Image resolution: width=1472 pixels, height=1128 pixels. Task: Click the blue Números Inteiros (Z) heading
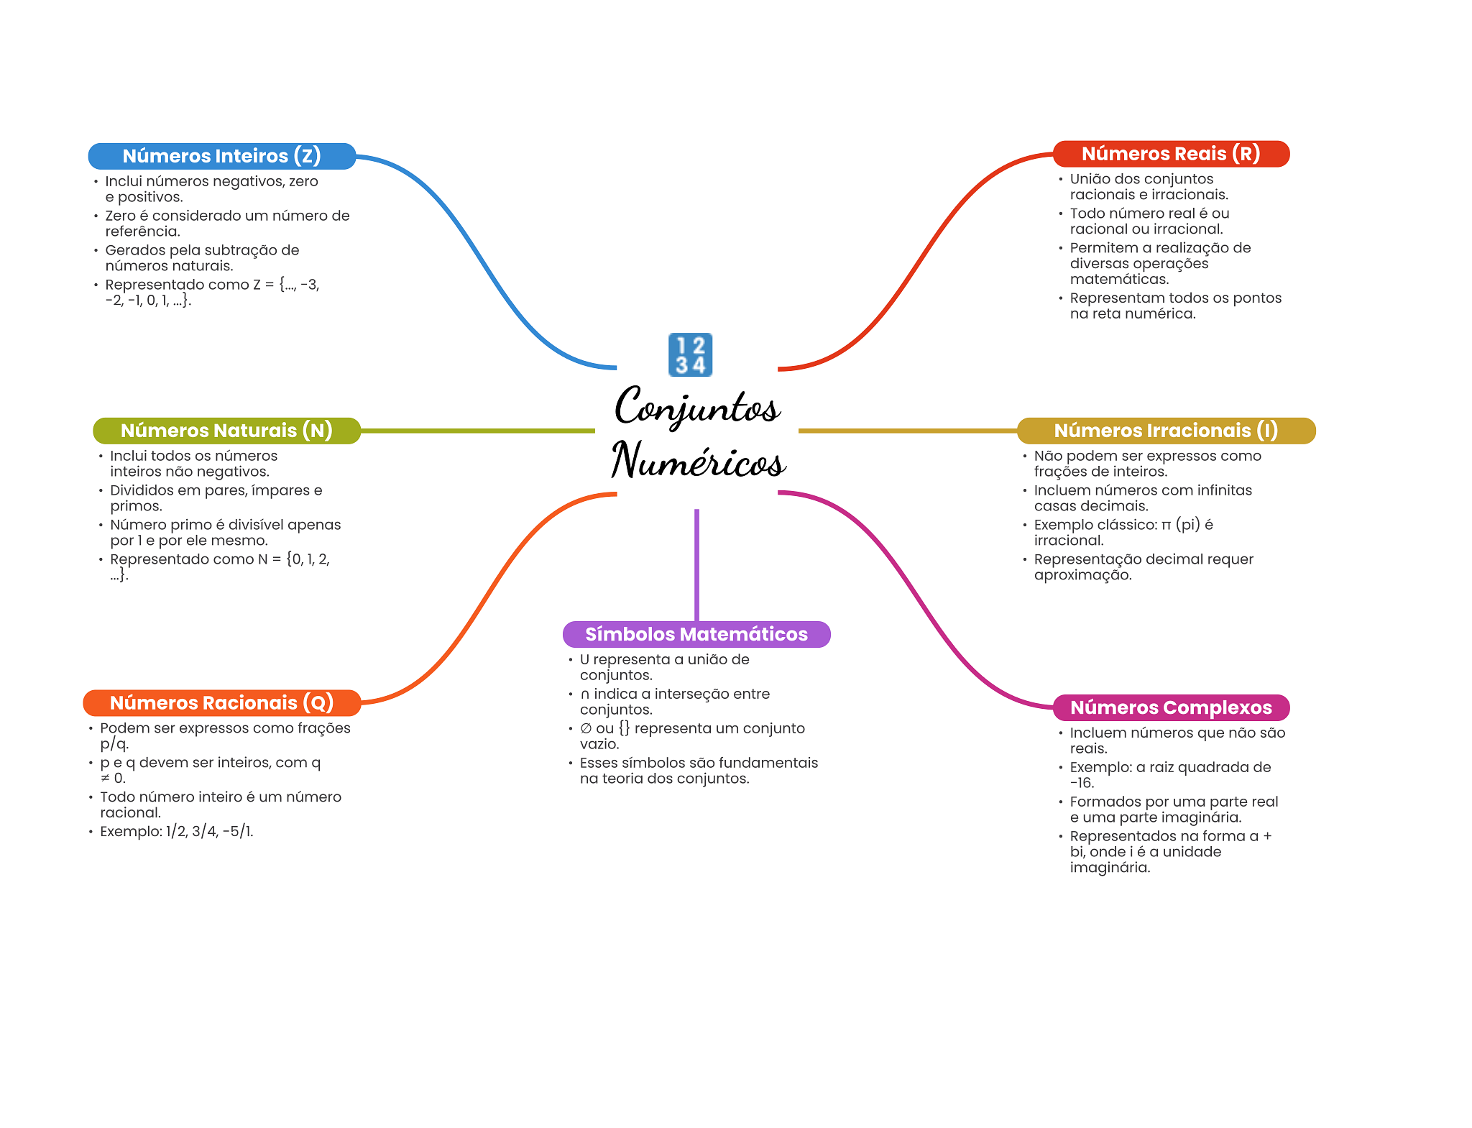coord(221,156)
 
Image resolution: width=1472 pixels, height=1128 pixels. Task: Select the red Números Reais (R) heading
coord(1171,154)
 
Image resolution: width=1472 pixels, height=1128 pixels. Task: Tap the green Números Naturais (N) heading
coord(226,431)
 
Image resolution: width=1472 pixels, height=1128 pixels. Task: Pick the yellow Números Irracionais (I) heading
coord(1166,431)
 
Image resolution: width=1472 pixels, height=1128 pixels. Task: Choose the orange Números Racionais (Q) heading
coord(221,702)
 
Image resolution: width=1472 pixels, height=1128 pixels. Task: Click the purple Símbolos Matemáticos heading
coord(696,634)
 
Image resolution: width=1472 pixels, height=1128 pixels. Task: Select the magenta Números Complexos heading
coord(1171,707)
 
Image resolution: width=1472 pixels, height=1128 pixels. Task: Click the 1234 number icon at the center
coord(690,354)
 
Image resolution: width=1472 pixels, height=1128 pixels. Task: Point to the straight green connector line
coord(478,431)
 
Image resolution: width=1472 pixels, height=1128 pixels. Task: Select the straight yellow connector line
coord(907,431)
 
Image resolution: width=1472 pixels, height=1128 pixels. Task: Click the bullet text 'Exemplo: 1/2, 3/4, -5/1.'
coord(177,832)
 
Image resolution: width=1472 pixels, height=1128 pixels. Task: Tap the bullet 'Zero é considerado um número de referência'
coord(227,223)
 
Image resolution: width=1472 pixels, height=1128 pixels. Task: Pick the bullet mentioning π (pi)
coord(1123,532)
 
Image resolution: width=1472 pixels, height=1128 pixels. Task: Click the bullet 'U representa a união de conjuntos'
coord(664,667)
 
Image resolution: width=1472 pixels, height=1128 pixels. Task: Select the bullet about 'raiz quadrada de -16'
coord(1170,775)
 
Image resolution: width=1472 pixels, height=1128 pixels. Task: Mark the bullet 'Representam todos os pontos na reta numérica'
coord(1175,306)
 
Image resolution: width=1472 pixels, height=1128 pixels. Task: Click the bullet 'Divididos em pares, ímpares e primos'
coord(216,497)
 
